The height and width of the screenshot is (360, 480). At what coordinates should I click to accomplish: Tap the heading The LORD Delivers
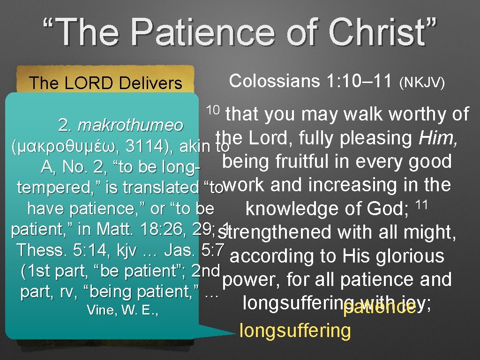tap(105, 83)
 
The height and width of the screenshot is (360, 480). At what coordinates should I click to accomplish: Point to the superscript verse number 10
tap(213, 110)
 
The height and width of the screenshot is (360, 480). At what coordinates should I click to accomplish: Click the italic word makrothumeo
tap(131, 125)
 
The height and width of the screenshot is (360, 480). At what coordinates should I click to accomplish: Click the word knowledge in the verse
tap(291, 209)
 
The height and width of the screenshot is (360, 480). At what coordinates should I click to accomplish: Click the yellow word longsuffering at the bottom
tap(295, 330)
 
